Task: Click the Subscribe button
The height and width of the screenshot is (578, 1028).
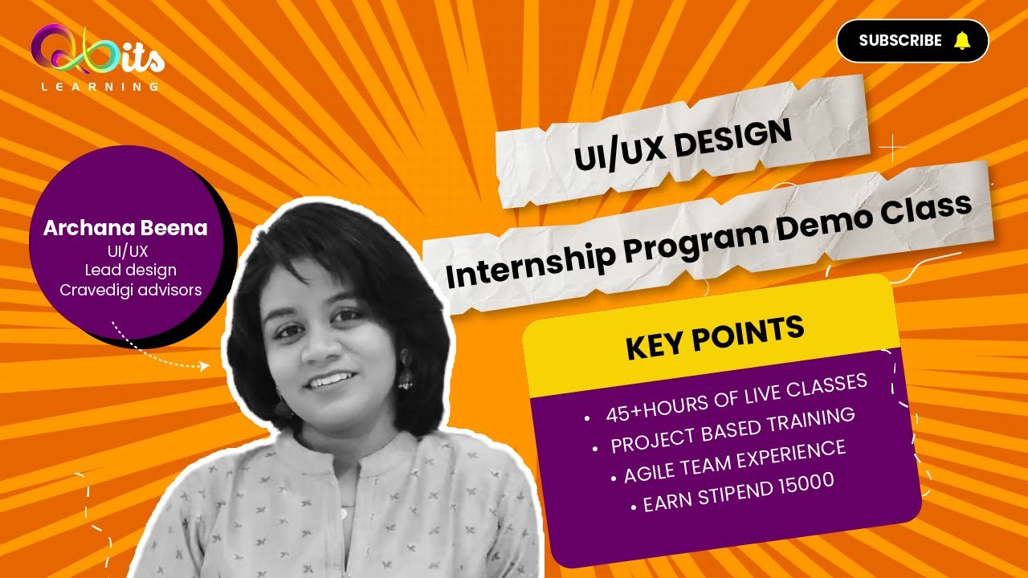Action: click(912, 41)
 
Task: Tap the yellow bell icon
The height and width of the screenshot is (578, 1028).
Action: click(961, 41)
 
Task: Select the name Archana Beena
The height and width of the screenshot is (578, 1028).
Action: click(125, 228)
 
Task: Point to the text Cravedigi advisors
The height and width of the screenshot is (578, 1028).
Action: click(131, 290)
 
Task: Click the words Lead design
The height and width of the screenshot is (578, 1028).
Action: click(131, 270)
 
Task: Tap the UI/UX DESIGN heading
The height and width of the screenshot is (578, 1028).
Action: click(683, 145)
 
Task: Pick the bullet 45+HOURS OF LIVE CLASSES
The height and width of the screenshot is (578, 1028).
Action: click(736, 397)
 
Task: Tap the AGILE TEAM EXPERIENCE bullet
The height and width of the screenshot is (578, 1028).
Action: click(735, 461)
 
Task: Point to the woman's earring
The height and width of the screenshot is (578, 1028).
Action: click(406, 377)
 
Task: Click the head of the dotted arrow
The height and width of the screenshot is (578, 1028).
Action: click(204, 365)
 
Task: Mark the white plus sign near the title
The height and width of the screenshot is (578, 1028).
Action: click(892, 148)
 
